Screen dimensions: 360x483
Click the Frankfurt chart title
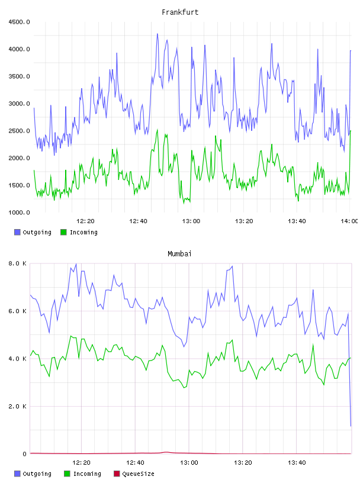(x=180, y=12)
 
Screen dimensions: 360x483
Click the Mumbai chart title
(x=179, y=254)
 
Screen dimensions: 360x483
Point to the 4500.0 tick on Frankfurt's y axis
(x=19, y=22)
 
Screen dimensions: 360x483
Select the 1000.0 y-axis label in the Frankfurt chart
(x=19, y=212)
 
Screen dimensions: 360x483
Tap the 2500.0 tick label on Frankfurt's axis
(x=19, y=131)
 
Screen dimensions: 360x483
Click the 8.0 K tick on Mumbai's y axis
(x=17, y=263)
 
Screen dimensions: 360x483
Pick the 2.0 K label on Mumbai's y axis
(x=17, y=406)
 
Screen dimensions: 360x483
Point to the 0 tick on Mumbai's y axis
(x=24, y=454)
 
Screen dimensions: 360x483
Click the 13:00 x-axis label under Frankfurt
(x=191, y=221)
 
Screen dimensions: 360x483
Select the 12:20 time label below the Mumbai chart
(x=81, y=463)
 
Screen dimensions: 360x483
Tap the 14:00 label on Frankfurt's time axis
(x=349, y=221)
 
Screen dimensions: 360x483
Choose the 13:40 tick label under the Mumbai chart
(x=297, y=463)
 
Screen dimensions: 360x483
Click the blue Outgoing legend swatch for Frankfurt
(x=17, y=232)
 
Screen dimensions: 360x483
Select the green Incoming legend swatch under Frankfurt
(x=63, y=232)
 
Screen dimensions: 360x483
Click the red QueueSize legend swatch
(x=117, y=474)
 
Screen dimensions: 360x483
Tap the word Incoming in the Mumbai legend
(x=87, y=474)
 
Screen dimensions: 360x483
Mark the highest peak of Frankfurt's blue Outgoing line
(x=157, y=34)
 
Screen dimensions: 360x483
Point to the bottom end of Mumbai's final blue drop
(x=351, y=426)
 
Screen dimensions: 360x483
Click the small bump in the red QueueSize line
(x=166, y=452)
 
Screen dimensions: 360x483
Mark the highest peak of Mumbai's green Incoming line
(x=71, y=336)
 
